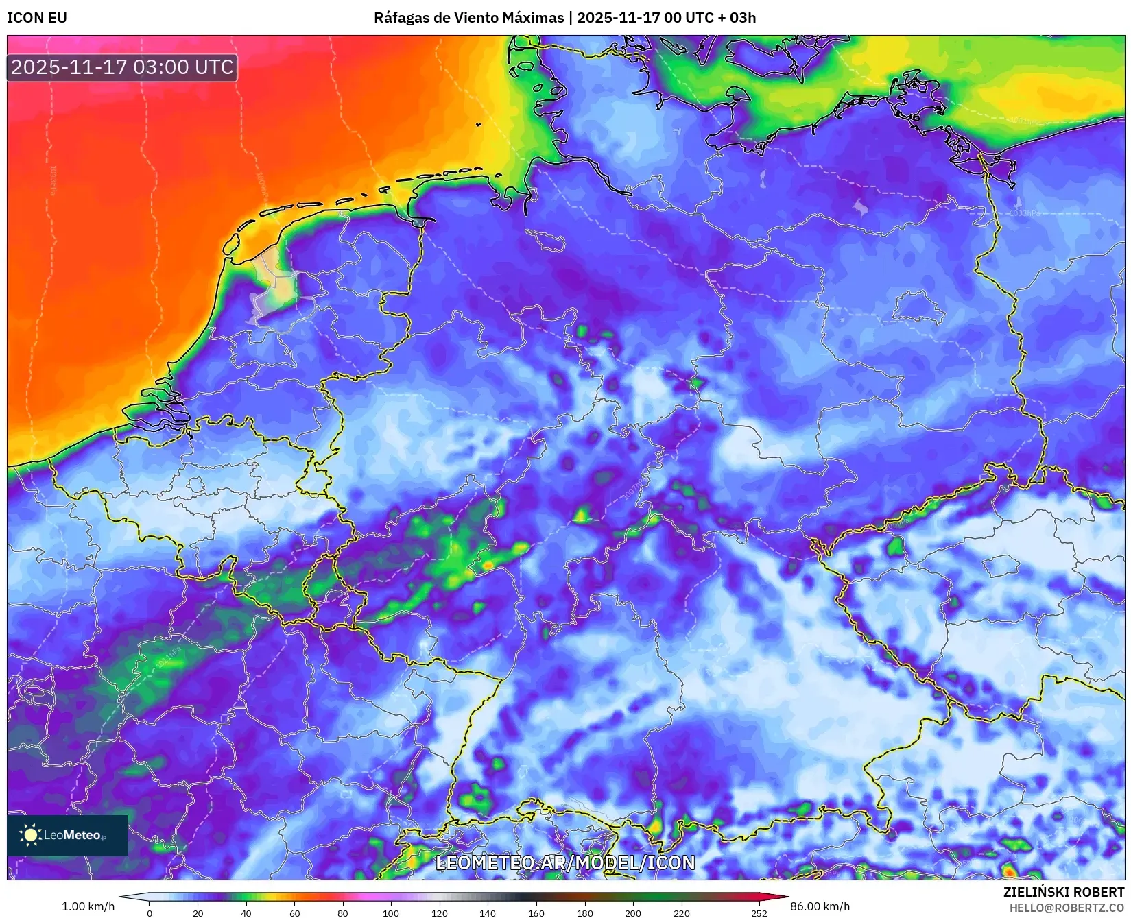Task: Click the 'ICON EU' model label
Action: pyautogui.click(x=37, y=18)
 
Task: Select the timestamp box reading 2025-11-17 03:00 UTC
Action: pyautogui.click(x=122, y=67)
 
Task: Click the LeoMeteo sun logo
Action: pyautogui.click(x=30, y=834)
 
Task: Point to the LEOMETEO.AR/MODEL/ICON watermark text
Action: pyautogui.click(x=565, y=862)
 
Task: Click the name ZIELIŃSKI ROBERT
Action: pyautogui.click(x=1064, y=892)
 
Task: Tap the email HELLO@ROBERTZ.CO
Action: pyautogui.click(x=1067, y=907)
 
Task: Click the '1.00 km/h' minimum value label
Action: pyautogui.click(x=88, y=906)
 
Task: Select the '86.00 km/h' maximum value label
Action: pyautogui.click(x=820, y=906)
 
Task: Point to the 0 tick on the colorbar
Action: pyautogui.click(x=150, y=913)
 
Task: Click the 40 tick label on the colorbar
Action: pyautogui.click(x=246, y=913)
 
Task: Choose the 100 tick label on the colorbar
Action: pyautogui.click(x=391, y=913)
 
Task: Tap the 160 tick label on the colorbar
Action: pyautogui.click(x=536, y=913)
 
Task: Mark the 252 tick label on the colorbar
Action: pyautogui.click(x=759, y=913)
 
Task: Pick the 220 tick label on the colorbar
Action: pyautogui.click(x=682, y=913)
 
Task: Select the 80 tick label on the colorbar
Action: pyautogui.click(x=343, y=913)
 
